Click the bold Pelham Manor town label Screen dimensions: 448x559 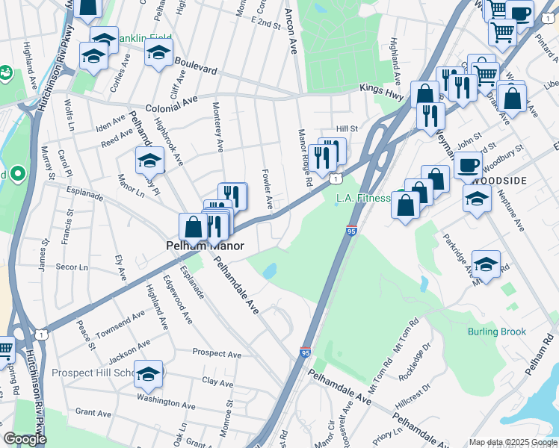201,244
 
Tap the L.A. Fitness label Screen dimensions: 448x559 363,198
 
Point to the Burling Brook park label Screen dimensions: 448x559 497,332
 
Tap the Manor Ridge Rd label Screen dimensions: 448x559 305,158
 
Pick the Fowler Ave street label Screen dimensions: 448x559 266,188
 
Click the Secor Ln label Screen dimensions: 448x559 72,267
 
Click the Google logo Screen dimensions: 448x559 25,439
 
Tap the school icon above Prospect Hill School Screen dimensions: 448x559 149,374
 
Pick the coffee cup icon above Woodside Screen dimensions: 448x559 469,165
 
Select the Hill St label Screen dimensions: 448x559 347,128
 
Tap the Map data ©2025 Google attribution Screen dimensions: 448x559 513,442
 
